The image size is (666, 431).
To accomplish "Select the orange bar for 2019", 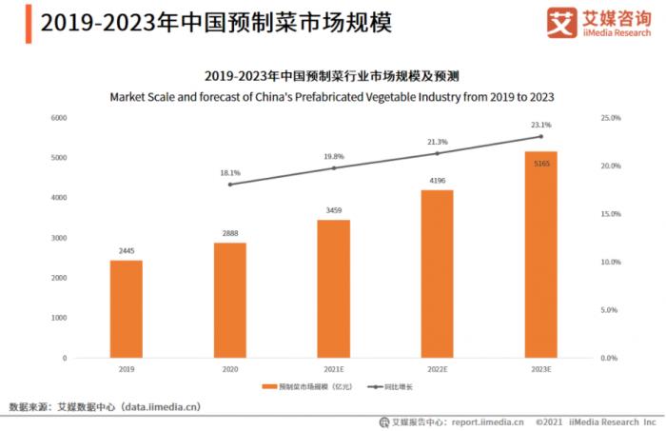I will (x=126, y=308).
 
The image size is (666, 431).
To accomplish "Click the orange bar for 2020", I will (x=229, y=300).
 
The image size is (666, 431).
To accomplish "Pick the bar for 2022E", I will (x=437, y=274).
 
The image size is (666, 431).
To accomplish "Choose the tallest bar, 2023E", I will (x=540, y=254).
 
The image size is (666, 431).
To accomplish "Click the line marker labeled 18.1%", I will (x=229, y=184).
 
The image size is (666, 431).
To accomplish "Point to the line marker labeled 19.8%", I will (x=333, y=167).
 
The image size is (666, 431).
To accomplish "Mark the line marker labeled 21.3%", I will (x=437, y=153).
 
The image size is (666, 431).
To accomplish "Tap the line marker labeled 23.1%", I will (x=540, y=136).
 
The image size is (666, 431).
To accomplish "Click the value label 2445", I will (x=126, y=252).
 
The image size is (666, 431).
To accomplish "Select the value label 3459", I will (x=333, y=211).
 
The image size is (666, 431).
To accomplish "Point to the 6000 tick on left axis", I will (x=58, y=118).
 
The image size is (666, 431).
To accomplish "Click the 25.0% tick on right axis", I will (x=611, y=118).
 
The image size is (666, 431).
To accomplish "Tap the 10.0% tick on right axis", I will (x=611, y=262).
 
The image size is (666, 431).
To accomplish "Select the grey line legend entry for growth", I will (x=378, y=387).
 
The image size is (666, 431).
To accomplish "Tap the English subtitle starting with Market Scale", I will (x=332, y=97).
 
